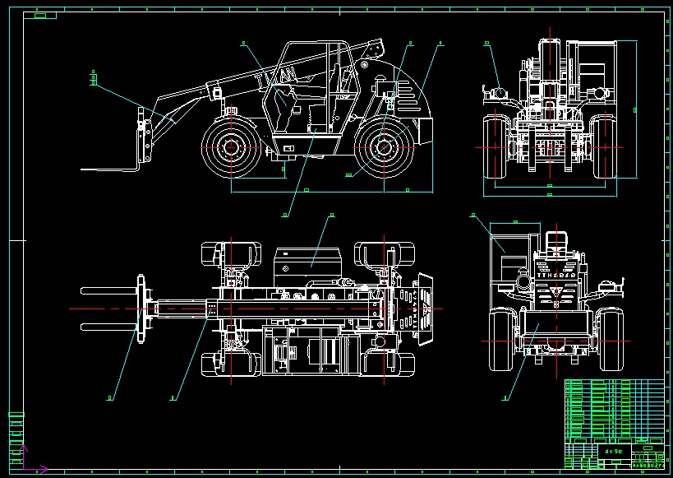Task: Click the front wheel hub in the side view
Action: [231, 149]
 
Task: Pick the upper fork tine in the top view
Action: [107, 290]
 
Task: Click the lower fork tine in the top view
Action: [107, 326]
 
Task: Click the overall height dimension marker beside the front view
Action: [634, 109]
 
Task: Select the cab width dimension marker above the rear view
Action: [514, 221]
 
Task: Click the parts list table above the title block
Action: [614, 410]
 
